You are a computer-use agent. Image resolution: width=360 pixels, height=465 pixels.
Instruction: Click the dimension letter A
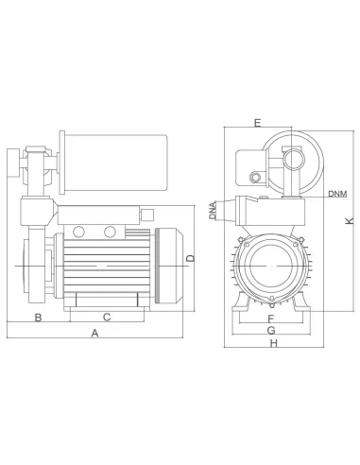(x=94, y=334)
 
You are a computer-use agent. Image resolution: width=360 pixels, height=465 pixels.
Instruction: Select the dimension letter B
(x=38, y=317)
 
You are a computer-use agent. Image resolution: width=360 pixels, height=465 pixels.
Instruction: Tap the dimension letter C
(x=106, y=317)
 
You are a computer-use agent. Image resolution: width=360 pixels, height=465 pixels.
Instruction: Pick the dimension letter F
(x=270, y=318)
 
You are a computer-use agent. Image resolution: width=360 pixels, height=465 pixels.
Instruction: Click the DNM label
(x=337, y=194)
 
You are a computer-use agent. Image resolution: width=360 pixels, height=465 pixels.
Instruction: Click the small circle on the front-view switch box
(x=255, y=177)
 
